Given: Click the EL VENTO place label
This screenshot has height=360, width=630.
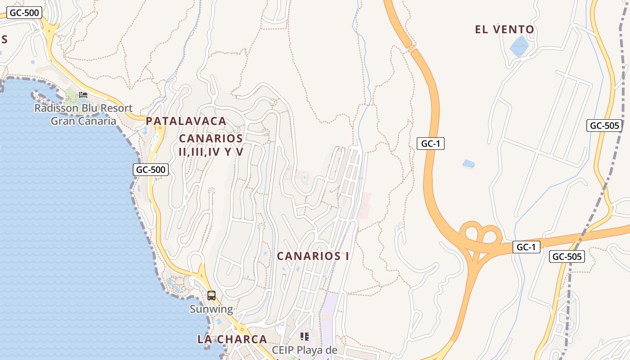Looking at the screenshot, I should click(504, 30).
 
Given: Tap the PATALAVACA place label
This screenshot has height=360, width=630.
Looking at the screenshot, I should click(186, 121).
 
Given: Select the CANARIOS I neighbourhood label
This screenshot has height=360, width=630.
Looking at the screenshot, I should click(313, 256).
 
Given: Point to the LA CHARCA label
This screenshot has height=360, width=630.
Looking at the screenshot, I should click(232, 339).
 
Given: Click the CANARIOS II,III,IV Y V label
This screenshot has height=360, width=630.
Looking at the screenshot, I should click(211, 145).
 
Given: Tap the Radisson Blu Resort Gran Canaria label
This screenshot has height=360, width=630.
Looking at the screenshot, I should click(83, 114).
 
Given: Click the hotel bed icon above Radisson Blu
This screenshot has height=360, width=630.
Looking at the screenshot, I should click(83, 94).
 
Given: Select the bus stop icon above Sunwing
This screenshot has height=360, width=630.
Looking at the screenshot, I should click(211, 296).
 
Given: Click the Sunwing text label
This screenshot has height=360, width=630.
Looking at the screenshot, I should click(211, 309).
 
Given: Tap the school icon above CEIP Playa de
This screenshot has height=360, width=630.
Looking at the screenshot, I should click(305, 336).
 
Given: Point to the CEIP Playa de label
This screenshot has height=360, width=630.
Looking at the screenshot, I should click(304, 350).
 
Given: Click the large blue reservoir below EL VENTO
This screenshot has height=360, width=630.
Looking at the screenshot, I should click(519, 46).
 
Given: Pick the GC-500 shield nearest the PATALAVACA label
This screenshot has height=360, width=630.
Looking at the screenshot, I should click(151, 170).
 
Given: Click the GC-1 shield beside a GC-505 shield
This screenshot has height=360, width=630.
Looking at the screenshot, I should click(526, 247).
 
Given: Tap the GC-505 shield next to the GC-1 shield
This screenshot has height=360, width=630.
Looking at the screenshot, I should click(567, 256).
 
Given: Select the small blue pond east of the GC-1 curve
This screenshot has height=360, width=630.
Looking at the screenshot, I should click(468, 164).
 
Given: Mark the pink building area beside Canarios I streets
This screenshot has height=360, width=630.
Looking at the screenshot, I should click(365, 206).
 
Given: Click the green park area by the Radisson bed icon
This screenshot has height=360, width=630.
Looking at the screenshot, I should click(71, 95).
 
